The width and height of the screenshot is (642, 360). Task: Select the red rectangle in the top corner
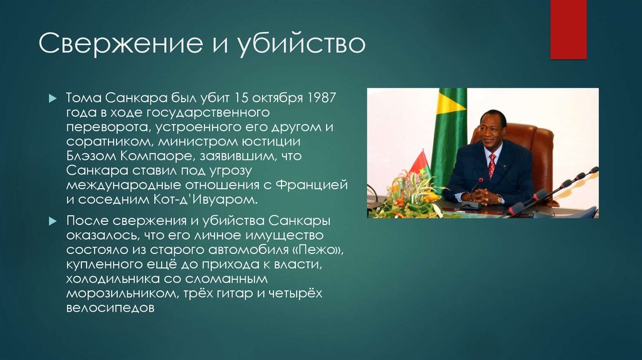(567, 29)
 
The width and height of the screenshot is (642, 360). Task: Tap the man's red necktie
(492, 165)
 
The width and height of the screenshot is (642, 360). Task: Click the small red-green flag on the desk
(418, 164)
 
